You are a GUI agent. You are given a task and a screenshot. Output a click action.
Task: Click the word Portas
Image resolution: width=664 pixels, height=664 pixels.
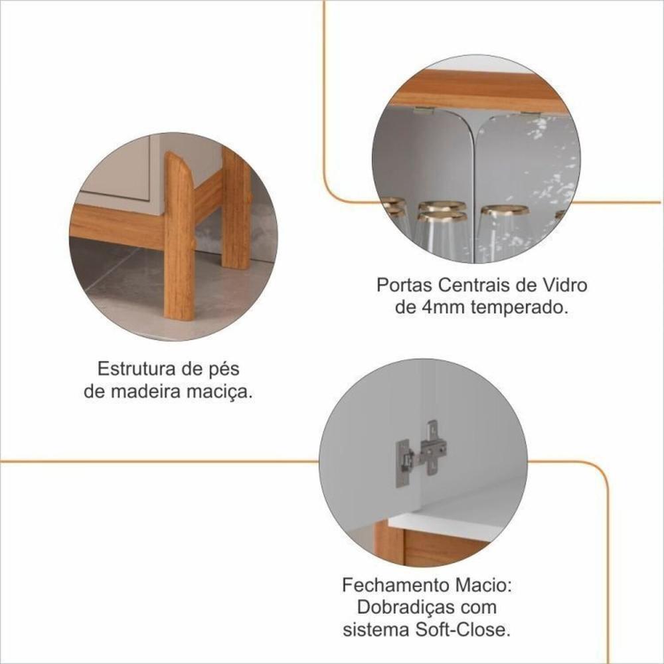(x=403, y=285)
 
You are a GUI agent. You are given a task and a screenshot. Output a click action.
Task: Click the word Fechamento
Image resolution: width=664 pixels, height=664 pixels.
(x=396, y=585)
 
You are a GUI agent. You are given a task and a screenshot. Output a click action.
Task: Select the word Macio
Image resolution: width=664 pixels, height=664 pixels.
(x=483, y=585)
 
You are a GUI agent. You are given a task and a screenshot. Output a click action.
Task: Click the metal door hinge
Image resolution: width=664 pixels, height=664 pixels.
(x=422, y=454)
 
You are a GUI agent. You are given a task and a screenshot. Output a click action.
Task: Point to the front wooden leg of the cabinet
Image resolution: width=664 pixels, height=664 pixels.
(x=179, y=236)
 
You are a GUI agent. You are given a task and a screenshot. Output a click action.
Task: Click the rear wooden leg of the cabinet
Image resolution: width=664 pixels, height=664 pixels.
(x=236, y=208)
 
